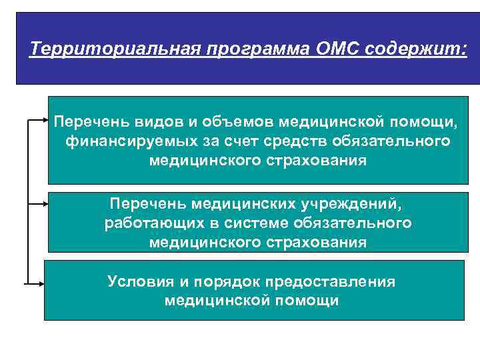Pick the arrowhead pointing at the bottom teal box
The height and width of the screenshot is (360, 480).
pos(41,284)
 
